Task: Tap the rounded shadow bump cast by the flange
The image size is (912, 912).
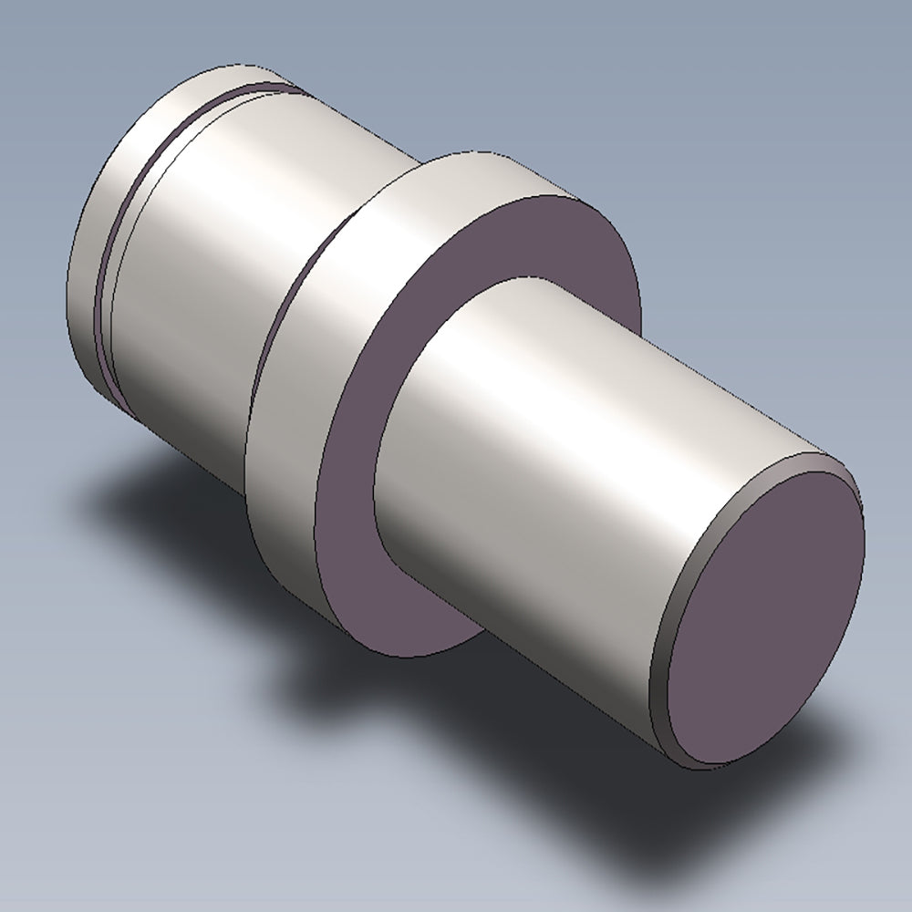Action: [x=310, y=675]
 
